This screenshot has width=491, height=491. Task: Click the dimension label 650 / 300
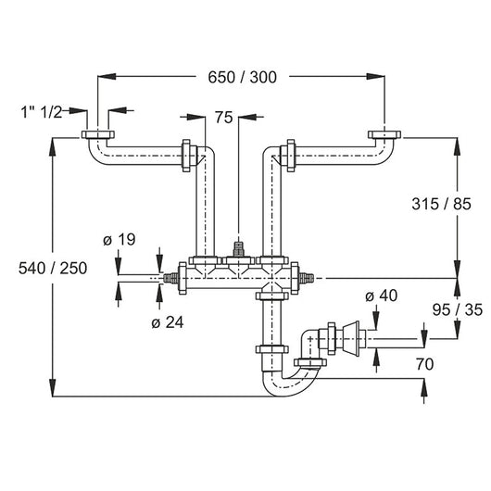[x=243, y=77]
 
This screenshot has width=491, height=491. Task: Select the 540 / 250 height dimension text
[x=53, y=269]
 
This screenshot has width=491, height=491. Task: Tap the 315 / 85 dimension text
[x=441, y=204]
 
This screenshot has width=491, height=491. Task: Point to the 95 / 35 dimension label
[x=458, y=310]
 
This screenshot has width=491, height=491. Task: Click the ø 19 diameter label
[x=120, y=240]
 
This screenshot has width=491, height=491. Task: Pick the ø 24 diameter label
[x=168, y=322]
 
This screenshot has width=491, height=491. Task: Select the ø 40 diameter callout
[x=382, y=296]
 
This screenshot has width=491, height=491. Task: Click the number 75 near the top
[x=224, y=118]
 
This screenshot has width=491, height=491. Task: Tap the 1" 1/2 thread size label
[x=42, y=112]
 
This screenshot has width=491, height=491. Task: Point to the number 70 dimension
[x=424, y=364]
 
